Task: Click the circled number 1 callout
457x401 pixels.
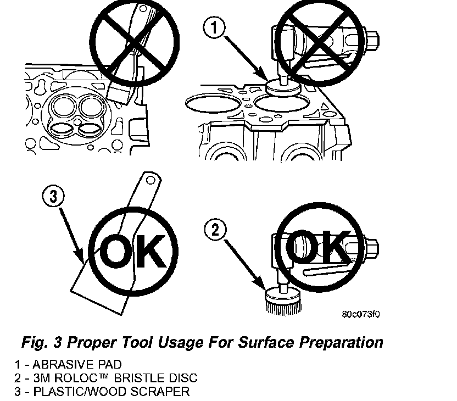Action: (214, 28)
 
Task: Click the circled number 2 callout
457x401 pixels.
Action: (215, 230)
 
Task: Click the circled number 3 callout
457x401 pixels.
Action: (53, 196)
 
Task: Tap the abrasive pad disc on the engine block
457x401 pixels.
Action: (283, 87)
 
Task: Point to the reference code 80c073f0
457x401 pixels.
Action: (361, 314)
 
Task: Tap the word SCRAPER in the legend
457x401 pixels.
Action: (160, 391)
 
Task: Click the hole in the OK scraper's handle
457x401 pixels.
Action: (150, 180)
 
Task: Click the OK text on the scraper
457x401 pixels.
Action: (132, 251)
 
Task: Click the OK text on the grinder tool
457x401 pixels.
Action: (318, 246)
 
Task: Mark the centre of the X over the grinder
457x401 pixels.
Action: (320, 42)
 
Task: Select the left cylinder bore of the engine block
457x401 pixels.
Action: (213, 103)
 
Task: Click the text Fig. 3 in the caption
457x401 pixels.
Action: (42, 343)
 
